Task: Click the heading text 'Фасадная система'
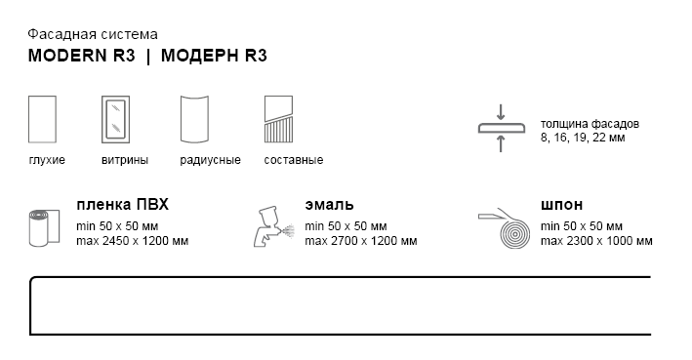coord(93,34)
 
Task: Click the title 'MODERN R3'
coord(82,56)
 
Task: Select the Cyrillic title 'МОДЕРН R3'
coord(214,56)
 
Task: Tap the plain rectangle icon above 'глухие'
coord(42,120)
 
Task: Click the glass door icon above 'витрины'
coord(115,120)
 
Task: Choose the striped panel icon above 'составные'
coord(278,120)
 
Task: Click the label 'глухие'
coord(47,160)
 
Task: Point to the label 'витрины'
coord(125,160)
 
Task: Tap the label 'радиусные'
coord(210,160)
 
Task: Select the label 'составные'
coord(294,160)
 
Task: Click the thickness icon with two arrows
coord(501,128)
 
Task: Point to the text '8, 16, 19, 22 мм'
coord(583,138)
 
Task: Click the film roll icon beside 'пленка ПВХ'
coord(44,228)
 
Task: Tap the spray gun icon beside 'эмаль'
coord(273,226)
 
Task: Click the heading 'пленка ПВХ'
coord(122,205)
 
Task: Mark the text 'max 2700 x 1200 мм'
coord(361,241)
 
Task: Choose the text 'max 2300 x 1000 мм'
coord(596,241)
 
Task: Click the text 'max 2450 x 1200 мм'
coord(133,241)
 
